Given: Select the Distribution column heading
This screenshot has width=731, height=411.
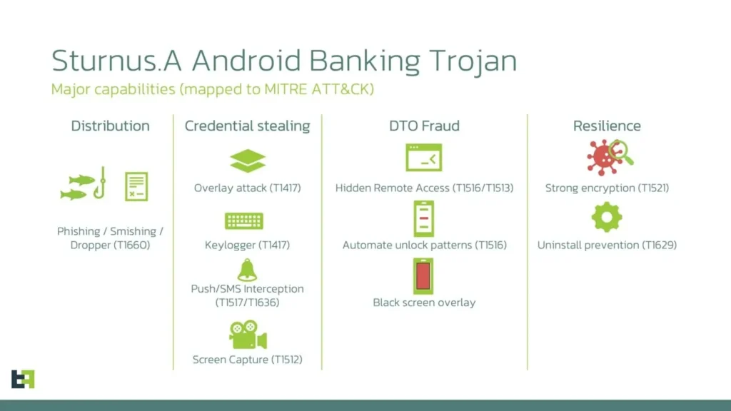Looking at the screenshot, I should [110, 126].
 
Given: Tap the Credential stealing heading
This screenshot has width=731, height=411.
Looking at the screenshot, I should [247, 126].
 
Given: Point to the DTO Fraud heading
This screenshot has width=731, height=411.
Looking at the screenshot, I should [424, 126].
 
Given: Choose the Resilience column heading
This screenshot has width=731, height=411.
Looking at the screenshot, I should [607, 126].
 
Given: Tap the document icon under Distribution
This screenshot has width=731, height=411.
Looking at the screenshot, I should [136, 186].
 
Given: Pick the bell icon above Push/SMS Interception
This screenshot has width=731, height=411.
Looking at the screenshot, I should [247, 270].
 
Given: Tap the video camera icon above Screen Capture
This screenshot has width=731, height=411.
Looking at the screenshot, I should [247, 334].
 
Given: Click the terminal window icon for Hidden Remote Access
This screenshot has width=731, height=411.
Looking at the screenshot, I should [424, 158].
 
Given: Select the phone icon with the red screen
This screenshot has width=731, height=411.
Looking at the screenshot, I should [423, 276].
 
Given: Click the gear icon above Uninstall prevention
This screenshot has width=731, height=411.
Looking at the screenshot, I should [607, 217].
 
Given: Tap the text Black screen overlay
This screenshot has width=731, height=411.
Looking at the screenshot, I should [424, 303].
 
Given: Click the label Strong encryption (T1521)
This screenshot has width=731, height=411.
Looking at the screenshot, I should [607, 188].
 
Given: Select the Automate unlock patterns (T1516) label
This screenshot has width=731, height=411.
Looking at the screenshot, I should [424, 245].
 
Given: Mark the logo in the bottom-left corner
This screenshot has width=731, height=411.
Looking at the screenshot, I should [23, 379].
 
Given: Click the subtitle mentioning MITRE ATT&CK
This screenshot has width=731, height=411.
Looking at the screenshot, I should [212, 90].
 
